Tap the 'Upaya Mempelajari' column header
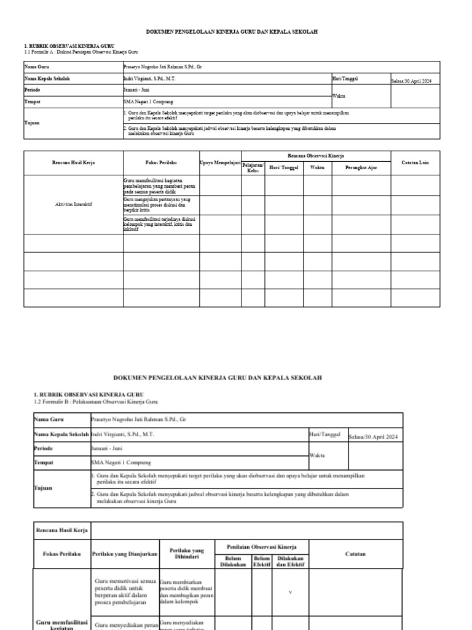click(x=220, y=162)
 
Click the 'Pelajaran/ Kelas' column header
click(x=253, y=168)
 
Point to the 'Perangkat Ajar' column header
click(x=361, y=167)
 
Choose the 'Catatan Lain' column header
click(x=415, y=162)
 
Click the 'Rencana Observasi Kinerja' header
click(x=316, y=156)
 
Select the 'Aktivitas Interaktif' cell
click(x=73, y=204)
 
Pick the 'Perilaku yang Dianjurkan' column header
click(x=125, y=554)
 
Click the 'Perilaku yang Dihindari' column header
click(x=187, y=553)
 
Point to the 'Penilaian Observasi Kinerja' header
click(x=261, y=546)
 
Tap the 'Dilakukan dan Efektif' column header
click(x=291, y=560)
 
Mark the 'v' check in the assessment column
click(x=291, y=592)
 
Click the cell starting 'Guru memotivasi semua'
click(x=125, y=592)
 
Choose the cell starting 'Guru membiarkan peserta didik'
click(x=186, y=592)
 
